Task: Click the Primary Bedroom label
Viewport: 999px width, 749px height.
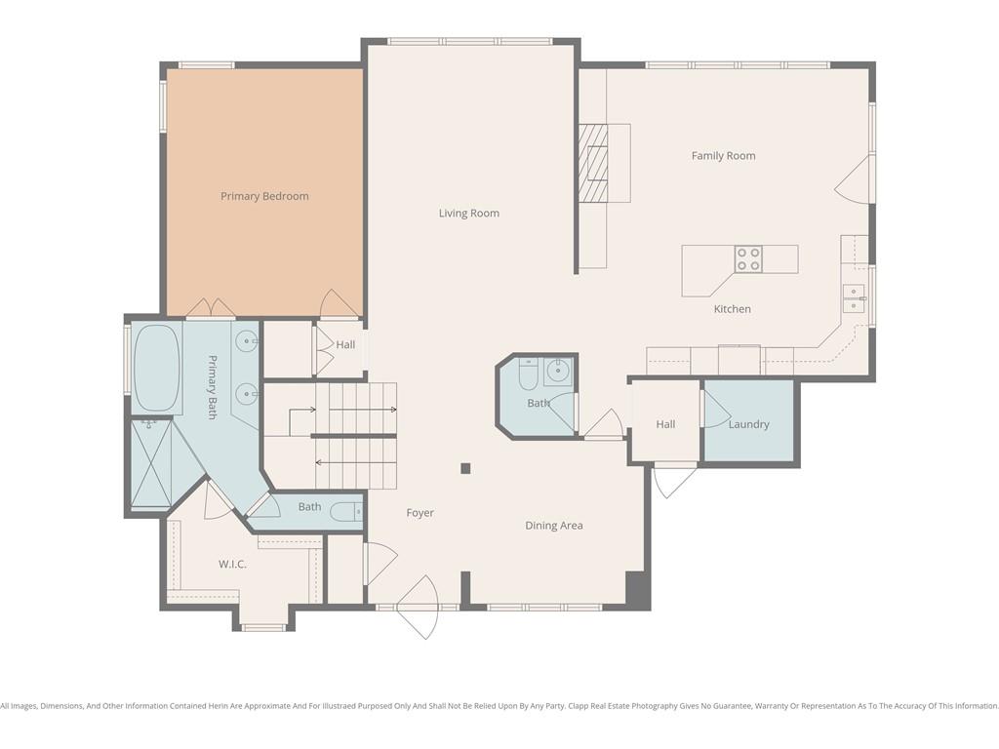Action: (264, 196)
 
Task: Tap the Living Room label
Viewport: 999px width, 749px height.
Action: (469, 214)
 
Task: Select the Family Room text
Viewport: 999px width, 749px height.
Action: (723, 155)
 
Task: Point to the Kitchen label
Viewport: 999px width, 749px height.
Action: (732, 309)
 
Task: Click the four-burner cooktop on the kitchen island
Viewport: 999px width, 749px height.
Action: (748, 259)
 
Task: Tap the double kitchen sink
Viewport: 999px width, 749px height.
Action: (854, 298)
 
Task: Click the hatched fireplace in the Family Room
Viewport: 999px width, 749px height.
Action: (593, 163)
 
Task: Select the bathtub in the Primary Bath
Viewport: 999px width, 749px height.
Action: (156, 368)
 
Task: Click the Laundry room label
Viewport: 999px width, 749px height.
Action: (748, 424)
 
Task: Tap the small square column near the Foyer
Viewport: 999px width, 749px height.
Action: (465, 469)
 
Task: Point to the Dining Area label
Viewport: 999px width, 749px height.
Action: (554, 526)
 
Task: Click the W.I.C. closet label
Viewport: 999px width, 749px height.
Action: (232, 565)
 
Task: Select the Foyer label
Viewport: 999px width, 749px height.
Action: (420, 513)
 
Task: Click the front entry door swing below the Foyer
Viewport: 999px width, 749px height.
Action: (418, 607)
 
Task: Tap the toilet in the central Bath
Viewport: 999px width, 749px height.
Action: (529, 374)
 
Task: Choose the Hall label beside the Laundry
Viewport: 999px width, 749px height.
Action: (665, 424)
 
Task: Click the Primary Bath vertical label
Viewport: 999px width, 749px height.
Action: (213, 386)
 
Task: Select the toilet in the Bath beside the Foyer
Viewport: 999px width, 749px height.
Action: (348, 512)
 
